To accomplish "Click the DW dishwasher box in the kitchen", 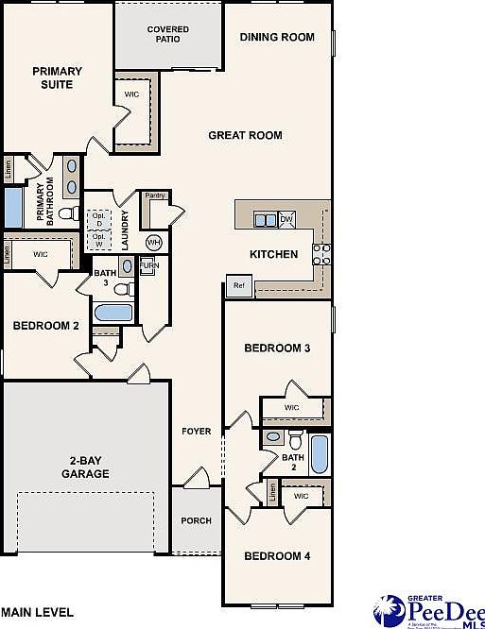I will click(286, 220).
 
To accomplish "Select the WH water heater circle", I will click(153, 243).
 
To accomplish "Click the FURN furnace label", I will click(147, 267).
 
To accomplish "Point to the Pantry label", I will click(156, 195).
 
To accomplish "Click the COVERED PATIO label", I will click(167, 35).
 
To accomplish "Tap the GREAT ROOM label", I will click(245, 135).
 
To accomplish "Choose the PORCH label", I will click(197, 520).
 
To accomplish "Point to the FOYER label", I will click(197, 432).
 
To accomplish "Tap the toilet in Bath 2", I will click(295, 439).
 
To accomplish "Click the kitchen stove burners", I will click(321, 253).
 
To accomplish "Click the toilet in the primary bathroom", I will click(67, 214).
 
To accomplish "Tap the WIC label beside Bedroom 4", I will click(302, 496).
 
